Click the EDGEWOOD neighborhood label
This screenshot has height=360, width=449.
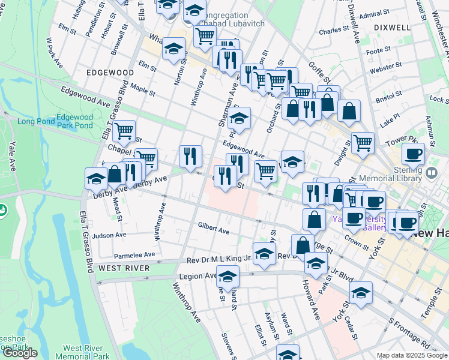point(110,72)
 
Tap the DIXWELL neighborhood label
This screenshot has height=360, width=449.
point(391,28)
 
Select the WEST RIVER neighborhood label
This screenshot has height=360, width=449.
point(124,268)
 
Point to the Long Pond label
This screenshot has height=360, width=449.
point(35,121)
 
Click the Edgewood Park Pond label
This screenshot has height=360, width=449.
point(74,121)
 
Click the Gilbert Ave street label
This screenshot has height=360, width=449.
point(214,229)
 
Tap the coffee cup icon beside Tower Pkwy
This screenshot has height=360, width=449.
point(413,154)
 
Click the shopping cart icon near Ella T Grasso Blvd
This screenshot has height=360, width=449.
point(124,130)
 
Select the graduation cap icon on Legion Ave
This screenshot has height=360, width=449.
point(228,277)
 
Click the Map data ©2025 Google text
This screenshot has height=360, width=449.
point(412,355)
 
